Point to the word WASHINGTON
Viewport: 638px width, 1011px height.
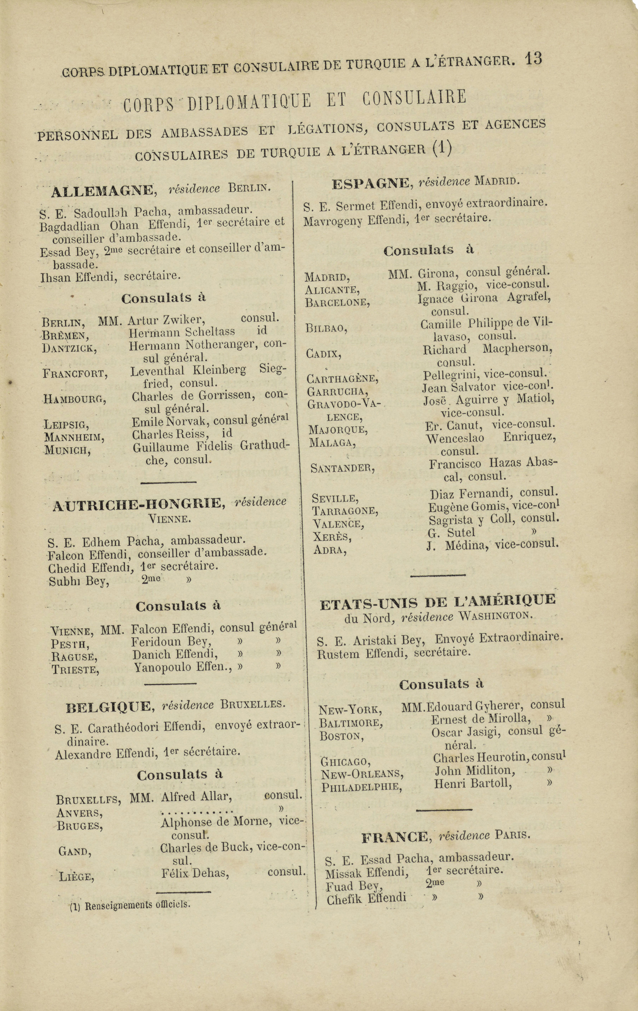coord(495,616)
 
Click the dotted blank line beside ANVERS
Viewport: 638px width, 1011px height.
coord(197,809)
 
